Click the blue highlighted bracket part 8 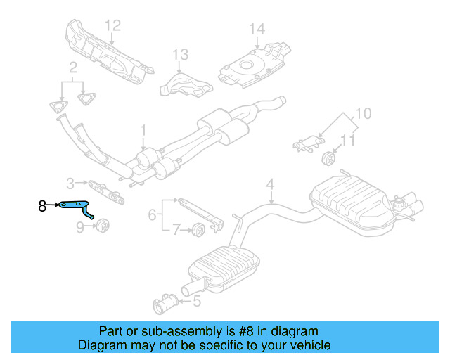click(x=77, y=206)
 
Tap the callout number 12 click(x=113, y=25)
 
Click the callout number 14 click(x=257, y=29)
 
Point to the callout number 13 click(x=181, y=54)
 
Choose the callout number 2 click(x=72, y=67)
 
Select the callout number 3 click(x=70, y=184)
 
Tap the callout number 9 click(x=79, y=226)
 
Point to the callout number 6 click(x=152, y=215)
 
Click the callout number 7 click(x=178, y=229)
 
